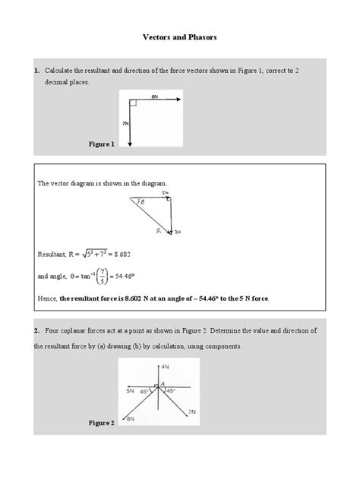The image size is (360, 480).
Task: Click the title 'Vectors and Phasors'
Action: [179, 36]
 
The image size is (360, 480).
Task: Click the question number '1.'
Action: [36, 71]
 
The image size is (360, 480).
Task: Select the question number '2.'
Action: [36, 331]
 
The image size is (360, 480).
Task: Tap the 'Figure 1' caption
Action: [101, 143]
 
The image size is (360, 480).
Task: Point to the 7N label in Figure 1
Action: [125, 122]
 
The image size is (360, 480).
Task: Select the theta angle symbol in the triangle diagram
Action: [140, 203]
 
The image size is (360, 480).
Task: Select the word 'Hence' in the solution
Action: [46, 299]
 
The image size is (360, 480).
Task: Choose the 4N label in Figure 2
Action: [166, 366]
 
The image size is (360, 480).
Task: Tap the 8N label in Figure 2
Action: [131, 418]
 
